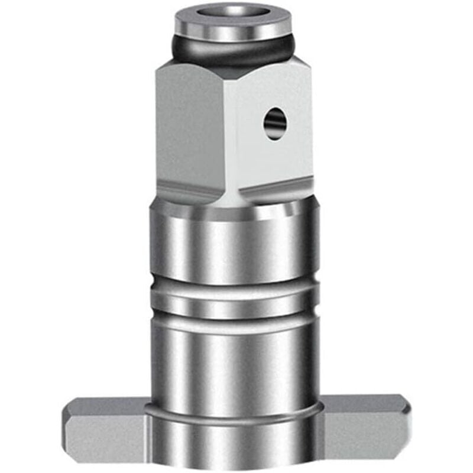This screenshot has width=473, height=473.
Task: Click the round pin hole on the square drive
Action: (x=276, y=123)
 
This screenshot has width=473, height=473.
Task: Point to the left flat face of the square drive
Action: (x=192, y=133)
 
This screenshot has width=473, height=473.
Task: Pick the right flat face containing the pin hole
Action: (x=275, y=142)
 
